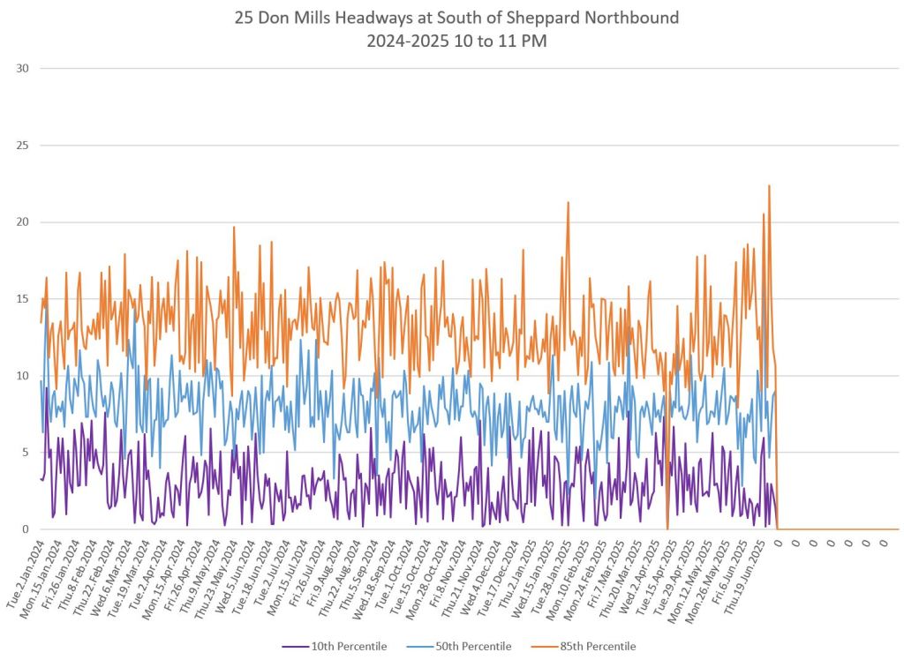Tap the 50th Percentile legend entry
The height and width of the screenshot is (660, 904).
[x=466, y=646]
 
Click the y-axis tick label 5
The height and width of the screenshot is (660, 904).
[x=23, y=453]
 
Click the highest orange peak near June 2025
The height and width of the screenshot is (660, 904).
[x=769, y=185]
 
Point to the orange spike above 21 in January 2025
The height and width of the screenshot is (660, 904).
[x=568, y=202]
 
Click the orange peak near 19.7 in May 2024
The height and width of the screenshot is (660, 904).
[x=234, y=227]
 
